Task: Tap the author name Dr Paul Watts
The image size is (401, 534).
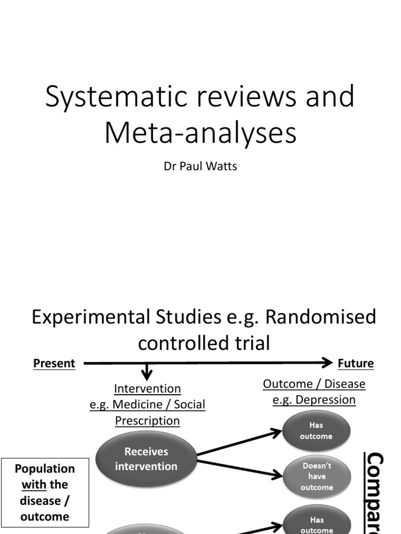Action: pyautogui.click(x=200, y=167)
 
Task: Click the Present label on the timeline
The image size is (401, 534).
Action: pyautogui.click(x=54, y=363)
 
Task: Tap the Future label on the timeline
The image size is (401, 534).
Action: pyautogui.click(x=356, y=363)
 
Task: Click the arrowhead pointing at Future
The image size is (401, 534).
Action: pyautogui.click(x=327, y=362)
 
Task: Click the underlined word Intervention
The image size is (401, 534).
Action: pyautogui.click(x=147, y=389)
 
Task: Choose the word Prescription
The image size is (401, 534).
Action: pyautogui.click(x=147, y=420)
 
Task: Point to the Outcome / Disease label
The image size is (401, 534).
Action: pyautogui.click(x=314, y=384)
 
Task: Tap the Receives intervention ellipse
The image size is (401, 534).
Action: pyautogui.click(x=146, y=459)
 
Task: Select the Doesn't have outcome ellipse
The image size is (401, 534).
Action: pyautogui.click(x=316, y=476)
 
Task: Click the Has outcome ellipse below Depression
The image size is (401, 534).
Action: pyautogui.click(x=316, y=431)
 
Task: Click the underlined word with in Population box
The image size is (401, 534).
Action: pyautogui.click(x=34, y=484)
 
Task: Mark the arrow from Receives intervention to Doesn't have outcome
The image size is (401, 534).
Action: pyautogui.click(x=240, y=469)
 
